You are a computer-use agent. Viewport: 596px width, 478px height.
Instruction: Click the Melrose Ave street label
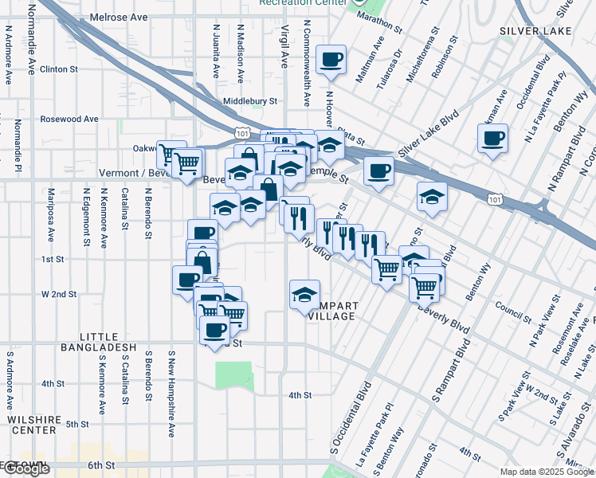click(x=119, y=17)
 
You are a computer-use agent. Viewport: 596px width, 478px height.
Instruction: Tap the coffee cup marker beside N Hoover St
click(x=331, y=59)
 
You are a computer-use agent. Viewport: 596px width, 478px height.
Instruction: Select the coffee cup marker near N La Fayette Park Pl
click(x=492, y=139)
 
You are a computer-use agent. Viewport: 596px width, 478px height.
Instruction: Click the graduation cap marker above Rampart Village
click(x=304, y=295)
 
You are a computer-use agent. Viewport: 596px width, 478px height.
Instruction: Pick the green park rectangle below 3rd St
click(x=233, y=375)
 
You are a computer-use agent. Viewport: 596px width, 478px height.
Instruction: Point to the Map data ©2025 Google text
click(x=547, y=472)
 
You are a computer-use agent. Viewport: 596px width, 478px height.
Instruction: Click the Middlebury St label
click(x=249, y=101)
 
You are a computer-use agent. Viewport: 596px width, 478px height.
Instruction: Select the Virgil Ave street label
click(x=284, y=47)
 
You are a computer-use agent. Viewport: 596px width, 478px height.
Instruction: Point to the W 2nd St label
click(x=59, y=294)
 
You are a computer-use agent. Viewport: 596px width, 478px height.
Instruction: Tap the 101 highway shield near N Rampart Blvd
click(x=495, y=198)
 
